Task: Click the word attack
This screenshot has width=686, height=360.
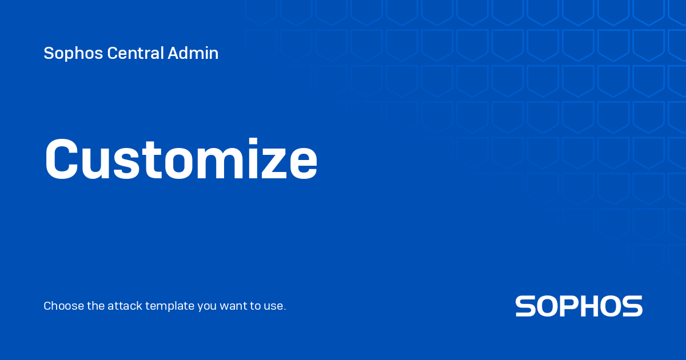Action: tap(125, 306)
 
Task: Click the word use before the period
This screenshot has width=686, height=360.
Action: tap(274, 306)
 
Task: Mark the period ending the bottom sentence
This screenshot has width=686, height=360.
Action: tap(285, 310)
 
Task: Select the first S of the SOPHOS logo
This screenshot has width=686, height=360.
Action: tap(526, 306)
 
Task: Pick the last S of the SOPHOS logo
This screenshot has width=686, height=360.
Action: tap(632, 306)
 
